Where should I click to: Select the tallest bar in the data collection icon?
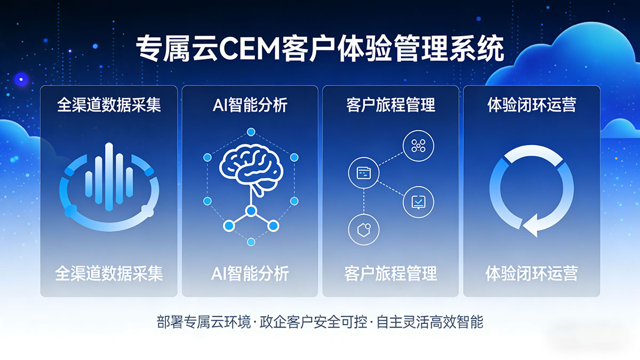tap(109, 177)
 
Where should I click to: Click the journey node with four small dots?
tap(418, 145)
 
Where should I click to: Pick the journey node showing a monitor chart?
tap(418, 202)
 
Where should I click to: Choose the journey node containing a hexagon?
tap(363, 229)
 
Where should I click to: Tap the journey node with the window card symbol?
tap(364, 172)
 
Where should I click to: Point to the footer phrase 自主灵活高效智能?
tap(429, 323)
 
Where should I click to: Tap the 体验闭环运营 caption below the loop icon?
tap(531, 274)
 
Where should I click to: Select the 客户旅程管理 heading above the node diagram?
tap(390, 105)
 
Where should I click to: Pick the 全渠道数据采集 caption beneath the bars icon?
tap(109, 274)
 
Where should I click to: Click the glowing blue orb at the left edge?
tap(21, 79)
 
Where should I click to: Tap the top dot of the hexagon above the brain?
tap(251, 132)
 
